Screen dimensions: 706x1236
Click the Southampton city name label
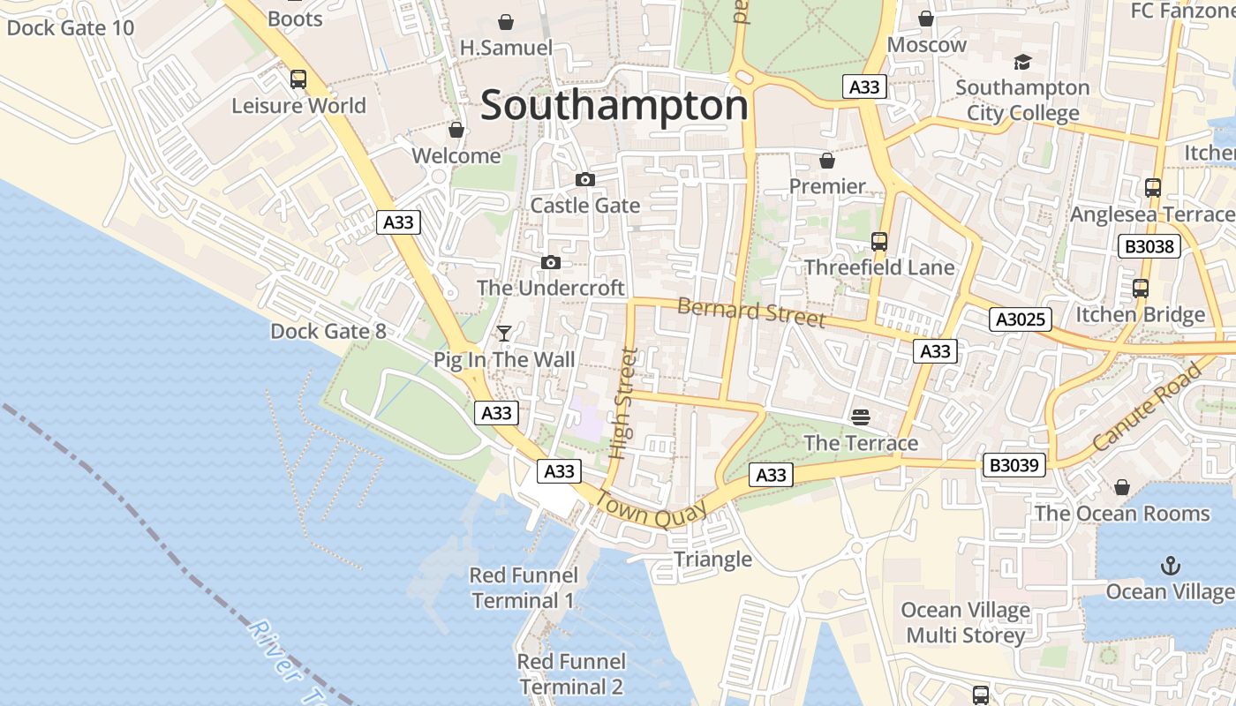point(614,106)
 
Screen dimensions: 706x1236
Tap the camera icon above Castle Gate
point(584,180)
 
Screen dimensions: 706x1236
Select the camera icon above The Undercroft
point(551,263)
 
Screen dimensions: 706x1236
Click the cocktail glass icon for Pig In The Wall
point(504,334)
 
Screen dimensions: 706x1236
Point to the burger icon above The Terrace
point(861,417)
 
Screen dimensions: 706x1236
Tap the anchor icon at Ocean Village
point(1170,566)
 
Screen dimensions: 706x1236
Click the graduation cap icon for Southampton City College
point(1022,62)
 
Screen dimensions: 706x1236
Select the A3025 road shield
point(1020,319)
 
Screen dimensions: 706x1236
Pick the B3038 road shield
point(1149,246)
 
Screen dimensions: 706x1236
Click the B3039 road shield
point(1014,465)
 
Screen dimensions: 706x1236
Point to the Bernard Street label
point(751,312)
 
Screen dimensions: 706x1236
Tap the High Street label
point(624,404)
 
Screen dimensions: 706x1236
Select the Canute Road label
point(1147,407)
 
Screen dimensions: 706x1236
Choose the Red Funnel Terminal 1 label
point(524,589)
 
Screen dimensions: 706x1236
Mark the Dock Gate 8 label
point(328,332)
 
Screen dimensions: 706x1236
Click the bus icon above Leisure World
point(298,79)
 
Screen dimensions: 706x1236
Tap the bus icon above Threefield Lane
point(878,242)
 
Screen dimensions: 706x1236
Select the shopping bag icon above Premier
point(827,161)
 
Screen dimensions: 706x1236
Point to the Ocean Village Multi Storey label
point(965,623)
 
